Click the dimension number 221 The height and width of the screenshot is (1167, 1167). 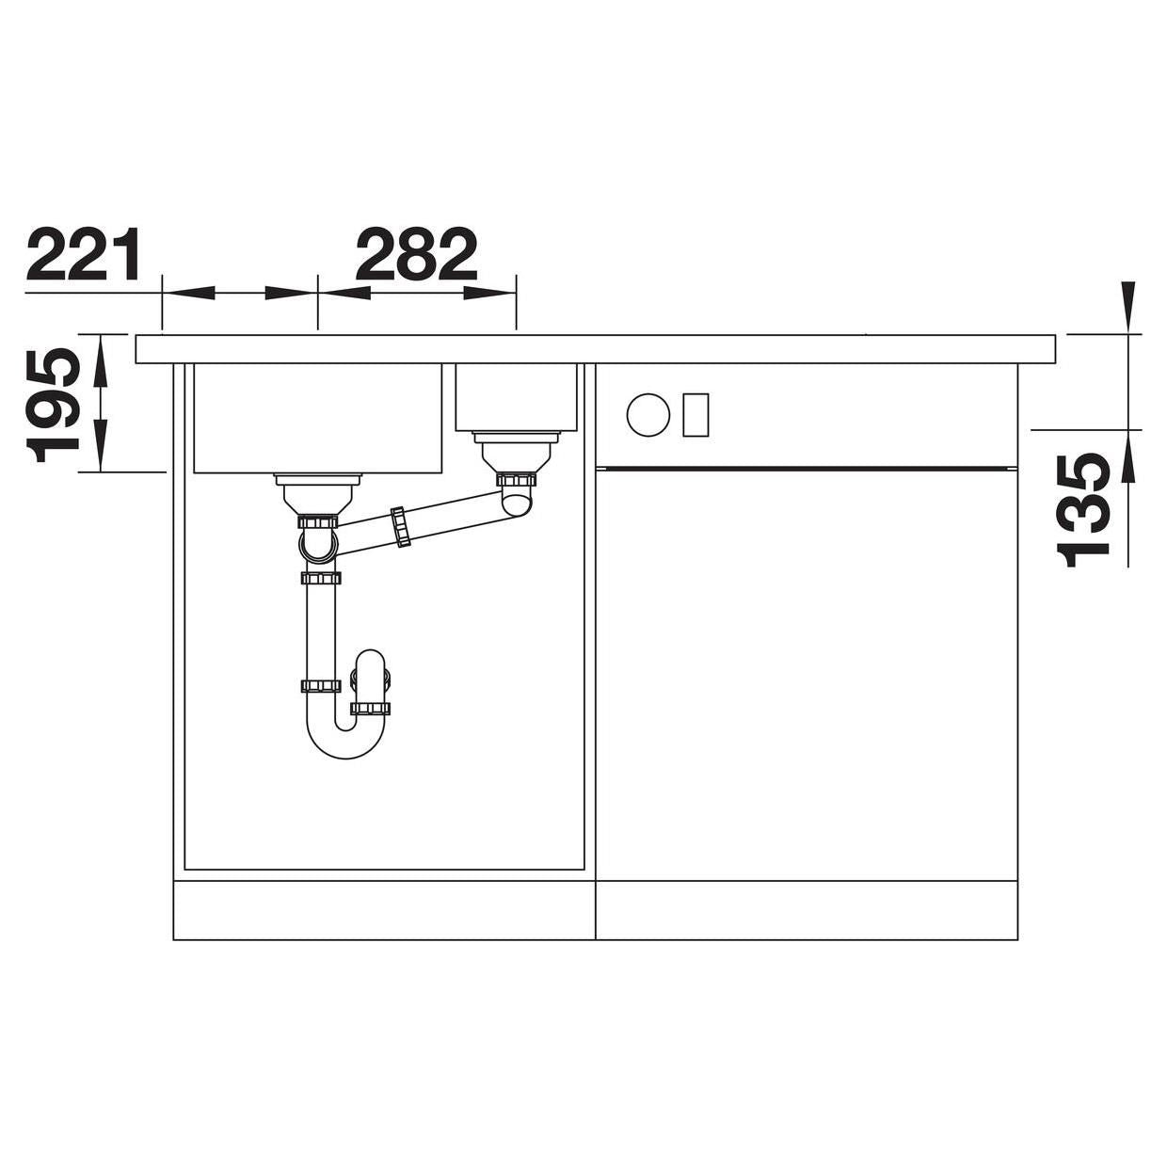click(x=84, y=253)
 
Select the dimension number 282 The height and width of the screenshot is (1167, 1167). click(x=417, y=253)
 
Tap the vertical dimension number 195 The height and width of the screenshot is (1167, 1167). click(x=54, y=405)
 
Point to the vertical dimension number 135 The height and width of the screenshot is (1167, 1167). click(x=1083, y=510)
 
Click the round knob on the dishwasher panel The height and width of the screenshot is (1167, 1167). click(x=648, y=414)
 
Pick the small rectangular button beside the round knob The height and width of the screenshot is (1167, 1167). click(x=695, y=415)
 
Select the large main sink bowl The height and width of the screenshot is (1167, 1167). click(x=318, y=418)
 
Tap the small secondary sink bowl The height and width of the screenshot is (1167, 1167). click(x=516, y=397)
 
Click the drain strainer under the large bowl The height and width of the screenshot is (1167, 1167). click(x=317, y=493)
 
